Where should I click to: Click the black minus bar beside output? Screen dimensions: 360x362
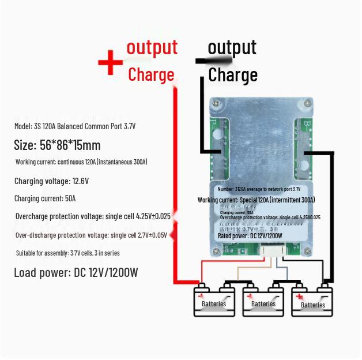(214, 59)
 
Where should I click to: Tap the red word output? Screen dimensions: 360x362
(152, 47)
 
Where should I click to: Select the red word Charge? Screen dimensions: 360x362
(151, 75)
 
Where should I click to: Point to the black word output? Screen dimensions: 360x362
(232, 47)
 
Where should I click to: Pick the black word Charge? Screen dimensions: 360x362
(232, 75)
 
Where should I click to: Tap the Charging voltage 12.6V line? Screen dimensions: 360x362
(51, 181)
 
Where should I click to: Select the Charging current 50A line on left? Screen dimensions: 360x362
(45, 198)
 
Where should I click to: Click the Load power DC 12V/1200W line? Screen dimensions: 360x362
(76, 273)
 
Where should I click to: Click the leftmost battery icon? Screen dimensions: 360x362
(214, 300)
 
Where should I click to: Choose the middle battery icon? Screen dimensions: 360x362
(263, 300)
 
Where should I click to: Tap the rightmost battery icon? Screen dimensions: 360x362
(313, 301)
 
